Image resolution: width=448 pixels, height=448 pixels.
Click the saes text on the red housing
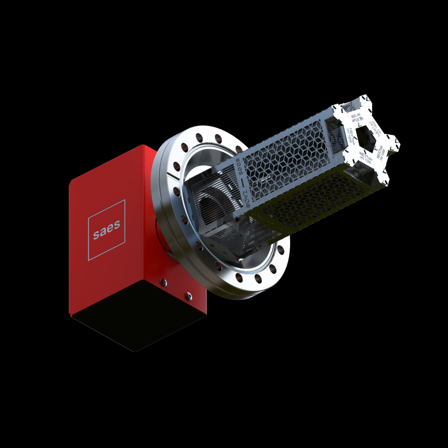[106, 231]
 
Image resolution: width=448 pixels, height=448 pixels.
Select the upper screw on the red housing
[163, 281]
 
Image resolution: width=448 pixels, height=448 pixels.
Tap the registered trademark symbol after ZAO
[249, 205]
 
